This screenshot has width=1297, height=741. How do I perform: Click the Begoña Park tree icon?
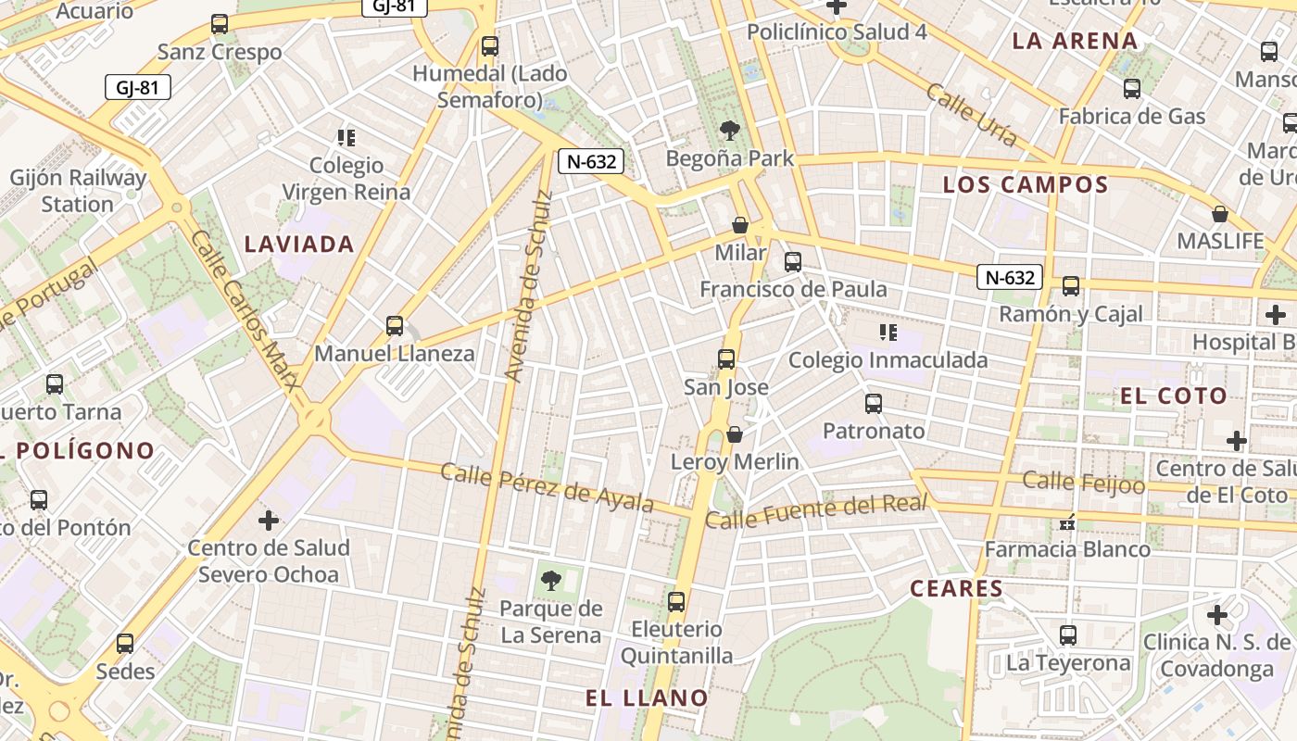[730, 131]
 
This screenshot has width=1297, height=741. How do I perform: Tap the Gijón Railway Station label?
[78, 191]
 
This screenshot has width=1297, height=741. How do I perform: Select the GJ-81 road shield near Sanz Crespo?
[137, 88]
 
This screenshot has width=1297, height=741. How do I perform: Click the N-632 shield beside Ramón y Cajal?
[1009, 277]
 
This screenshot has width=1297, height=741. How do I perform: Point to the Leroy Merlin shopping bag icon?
[735, 433]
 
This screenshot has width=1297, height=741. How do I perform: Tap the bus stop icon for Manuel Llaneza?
[395, 326]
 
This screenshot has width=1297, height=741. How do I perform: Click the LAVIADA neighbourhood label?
[299, 245]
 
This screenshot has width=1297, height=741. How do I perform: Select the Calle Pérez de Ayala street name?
[547, 487]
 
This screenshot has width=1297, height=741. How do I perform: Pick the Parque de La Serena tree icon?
[551, 581]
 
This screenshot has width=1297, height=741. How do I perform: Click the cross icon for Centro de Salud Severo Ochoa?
[269, 521]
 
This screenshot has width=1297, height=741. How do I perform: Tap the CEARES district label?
[956, 588]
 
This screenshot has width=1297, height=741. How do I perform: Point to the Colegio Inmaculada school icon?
[888, 333]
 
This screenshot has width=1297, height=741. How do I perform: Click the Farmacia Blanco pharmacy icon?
[1067, 523]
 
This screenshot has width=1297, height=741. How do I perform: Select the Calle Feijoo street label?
[1083, 483]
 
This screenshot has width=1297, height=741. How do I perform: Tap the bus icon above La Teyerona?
[1068, 635]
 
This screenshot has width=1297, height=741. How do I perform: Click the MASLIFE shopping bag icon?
[1220, 214]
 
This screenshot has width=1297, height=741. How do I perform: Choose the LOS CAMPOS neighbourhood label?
[1025, 184]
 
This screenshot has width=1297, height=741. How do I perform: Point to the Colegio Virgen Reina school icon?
[346, 138]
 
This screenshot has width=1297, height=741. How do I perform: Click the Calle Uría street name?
[972, 114]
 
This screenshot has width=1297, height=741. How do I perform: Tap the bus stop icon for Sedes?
[125, 643]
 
